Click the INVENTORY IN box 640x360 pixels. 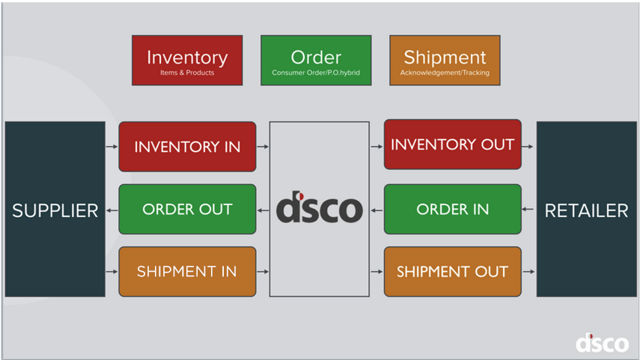click(187, 147)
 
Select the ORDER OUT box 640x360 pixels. click(187, 210)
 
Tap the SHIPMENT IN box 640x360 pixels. click(187, 272)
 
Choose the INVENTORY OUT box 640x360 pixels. click(452, 144)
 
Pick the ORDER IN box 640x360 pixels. click(452, 210)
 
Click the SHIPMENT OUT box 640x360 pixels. click(452, 272)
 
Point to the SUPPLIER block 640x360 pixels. click(55, 210)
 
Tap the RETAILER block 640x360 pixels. click(586, 210)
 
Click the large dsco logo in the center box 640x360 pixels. click(319, 209)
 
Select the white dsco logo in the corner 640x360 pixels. click(602, 343)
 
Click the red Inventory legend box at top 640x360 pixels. click(187, 61)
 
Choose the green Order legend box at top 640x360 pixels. click(316, 61)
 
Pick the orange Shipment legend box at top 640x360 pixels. click(445, 61)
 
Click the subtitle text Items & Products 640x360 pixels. click(187, 73)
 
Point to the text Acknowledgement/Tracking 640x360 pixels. click(445, 73)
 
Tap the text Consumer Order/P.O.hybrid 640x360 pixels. click(316, 73)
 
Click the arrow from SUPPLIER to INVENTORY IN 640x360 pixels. click(112, 147)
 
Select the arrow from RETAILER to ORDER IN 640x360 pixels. click(529, 210)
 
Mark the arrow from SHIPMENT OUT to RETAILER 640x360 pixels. click(529, 272)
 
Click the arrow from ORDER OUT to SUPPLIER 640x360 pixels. click(112, 210)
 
